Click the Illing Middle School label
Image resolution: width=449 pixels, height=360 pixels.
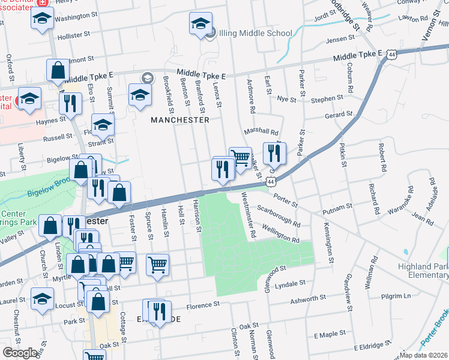click(x=256, y=33)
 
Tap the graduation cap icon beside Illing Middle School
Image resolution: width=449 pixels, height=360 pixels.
click(x=200, y=24)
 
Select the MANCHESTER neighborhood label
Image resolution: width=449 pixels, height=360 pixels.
click(x=180, y=120)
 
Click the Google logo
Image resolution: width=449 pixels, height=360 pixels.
click(x=20, y=353)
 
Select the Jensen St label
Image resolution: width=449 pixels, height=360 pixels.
click(x=340, y=39)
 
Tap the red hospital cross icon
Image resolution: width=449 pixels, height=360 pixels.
click(x=42, y=3)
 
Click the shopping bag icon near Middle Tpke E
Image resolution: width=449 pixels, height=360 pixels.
click(x=58, y=70)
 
